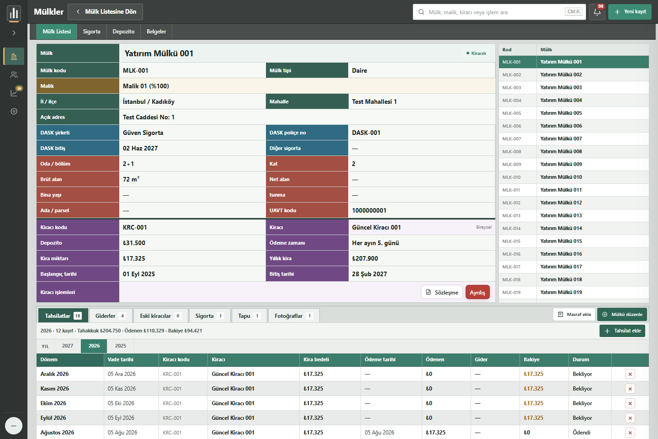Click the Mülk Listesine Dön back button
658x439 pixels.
[105, 12]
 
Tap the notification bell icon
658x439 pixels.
[597, 12]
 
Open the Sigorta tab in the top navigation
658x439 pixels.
[91, 32]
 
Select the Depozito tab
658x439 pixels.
[123, 32]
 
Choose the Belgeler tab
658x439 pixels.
[156, 32]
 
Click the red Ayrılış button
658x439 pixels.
[478, 292]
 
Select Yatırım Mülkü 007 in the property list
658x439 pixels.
[561, 139]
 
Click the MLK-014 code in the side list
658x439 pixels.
[511, 229]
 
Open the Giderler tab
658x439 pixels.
[111, 316]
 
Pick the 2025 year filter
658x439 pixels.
[121, 346]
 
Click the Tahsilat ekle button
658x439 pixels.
[622, 331]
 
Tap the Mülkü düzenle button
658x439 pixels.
[623, 314]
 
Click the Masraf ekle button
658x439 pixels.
[574, 314]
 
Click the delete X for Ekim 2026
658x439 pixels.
[630, 403]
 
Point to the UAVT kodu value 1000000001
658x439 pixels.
[369, 210]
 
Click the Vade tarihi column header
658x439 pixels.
[121, 359]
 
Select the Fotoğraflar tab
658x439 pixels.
[294, 316]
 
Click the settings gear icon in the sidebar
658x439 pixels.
[14, 112]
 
